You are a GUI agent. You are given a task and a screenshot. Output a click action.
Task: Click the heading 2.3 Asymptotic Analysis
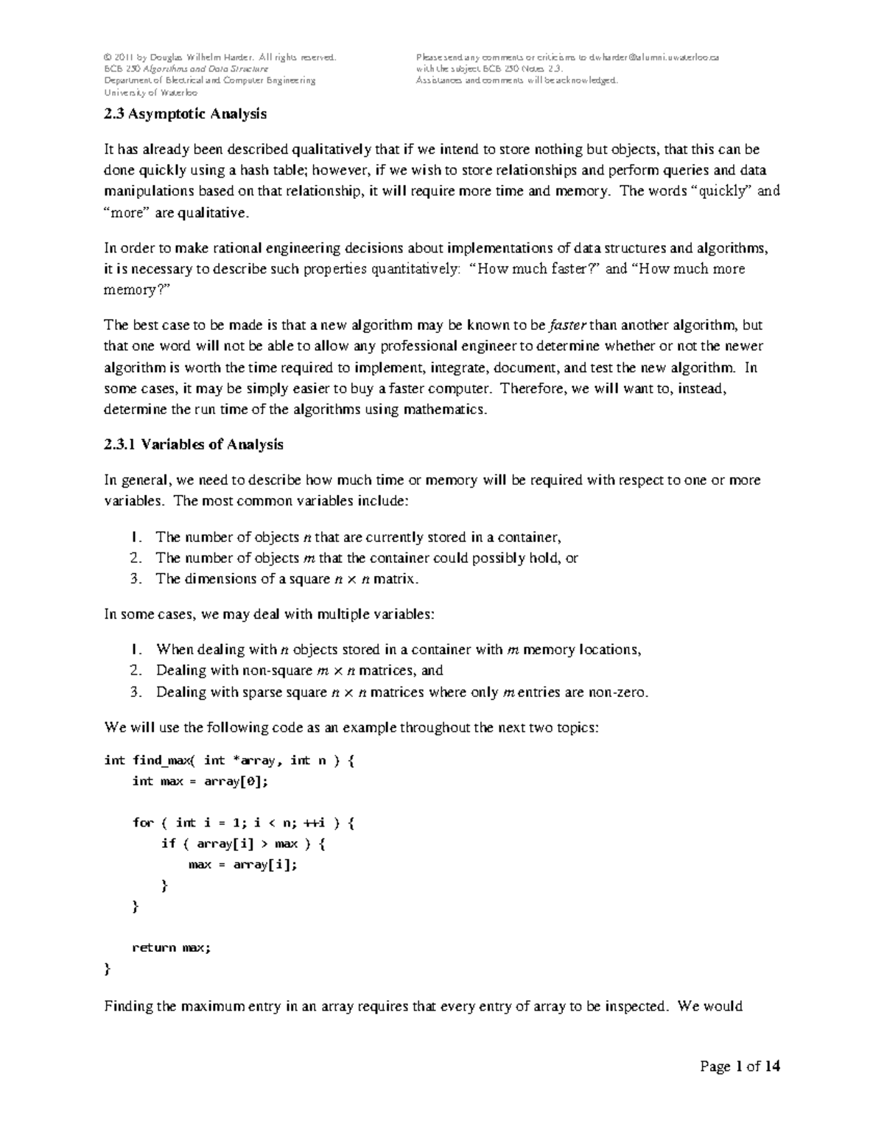point(185,114)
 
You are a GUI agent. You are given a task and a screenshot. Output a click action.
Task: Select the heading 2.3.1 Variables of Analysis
point(193,444)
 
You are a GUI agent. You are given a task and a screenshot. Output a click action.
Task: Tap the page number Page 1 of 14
point(740,1067)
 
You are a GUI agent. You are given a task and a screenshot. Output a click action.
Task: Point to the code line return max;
point(171,947)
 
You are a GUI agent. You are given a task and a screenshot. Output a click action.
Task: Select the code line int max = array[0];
point(200,781)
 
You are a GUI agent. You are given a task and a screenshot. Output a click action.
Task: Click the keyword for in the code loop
point(143,823)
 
